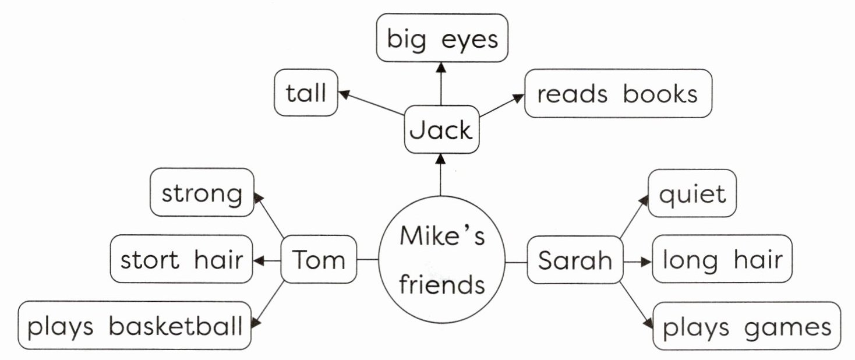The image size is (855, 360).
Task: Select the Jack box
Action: [441, 130]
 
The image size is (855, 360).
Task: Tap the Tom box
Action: [319, 259]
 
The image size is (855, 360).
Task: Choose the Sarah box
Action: [575, 260]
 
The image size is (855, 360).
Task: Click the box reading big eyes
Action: [442, 38]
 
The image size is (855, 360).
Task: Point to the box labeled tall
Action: [306, 93]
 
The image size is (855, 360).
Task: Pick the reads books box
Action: [618, 94]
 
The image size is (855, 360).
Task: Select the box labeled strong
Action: [202, 193]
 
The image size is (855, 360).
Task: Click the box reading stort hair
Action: [181, 259]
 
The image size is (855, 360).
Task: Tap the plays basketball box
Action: [135, 326]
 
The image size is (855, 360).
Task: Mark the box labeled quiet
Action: [692, 193]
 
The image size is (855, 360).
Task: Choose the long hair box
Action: [722, 259]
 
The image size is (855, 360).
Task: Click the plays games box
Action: [747, 326]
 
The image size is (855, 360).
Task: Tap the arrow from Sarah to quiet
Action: [634, 217]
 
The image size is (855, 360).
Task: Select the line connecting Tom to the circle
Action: [368, 260]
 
